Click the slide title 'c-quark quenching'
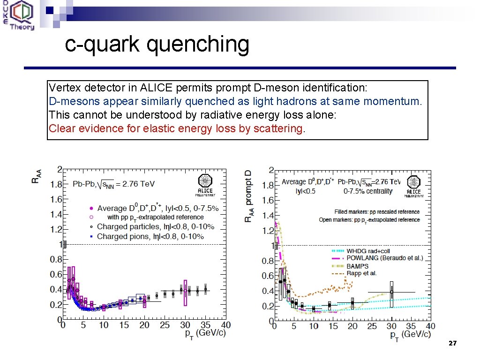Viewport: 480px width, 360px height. pos(157,45)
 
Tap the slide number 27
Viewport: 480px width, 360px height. pos(452,344)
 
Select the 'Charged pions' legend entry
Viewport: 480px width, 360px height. pos(150,237)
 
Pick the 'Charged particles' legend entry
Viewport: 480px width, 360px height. pos(155,227)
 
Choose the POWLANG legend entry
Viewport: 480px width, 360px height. pos(384,258)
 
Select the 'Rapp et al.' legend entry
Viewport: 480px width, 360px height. pos(361,273)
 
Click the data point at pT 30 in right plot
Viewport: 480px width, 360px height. pos(391,292)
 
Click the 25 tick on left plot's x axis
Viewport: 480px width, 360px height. pos(164,325)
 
